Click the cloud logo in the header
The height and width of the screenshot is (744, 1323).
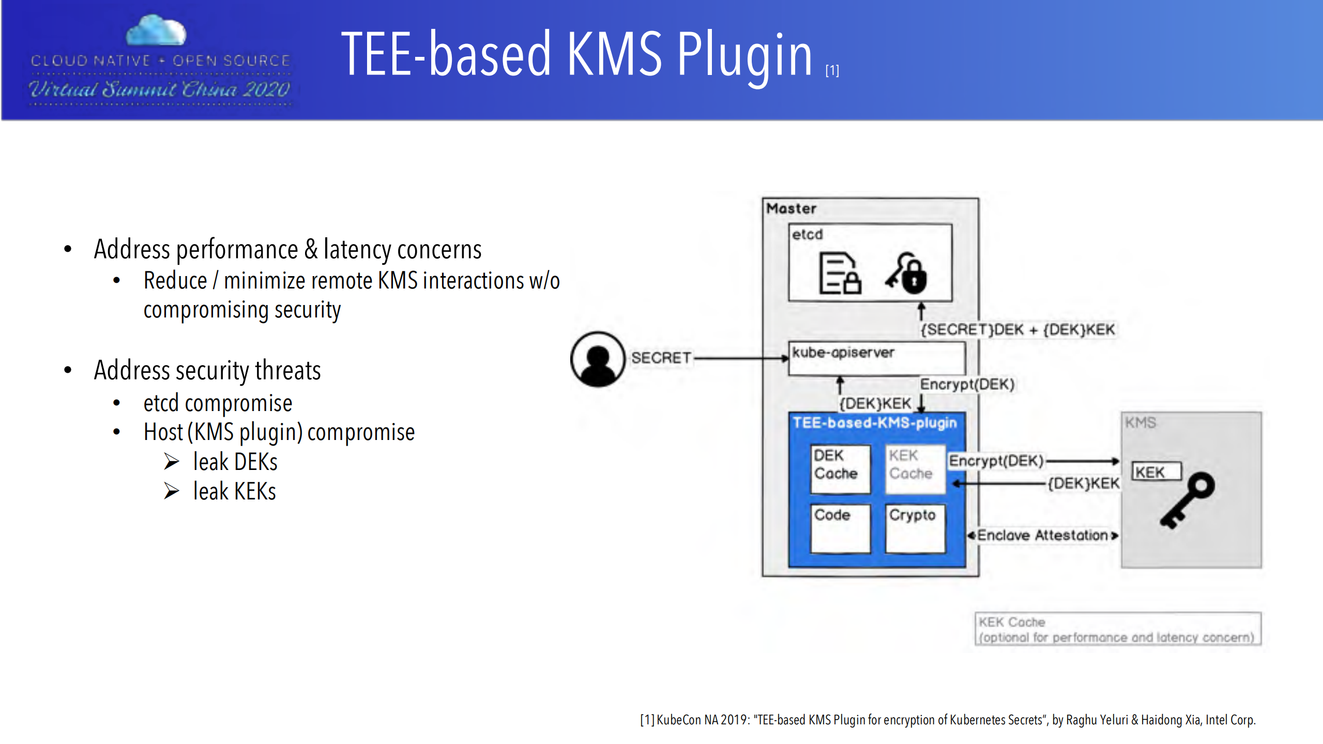(x=156, y=31)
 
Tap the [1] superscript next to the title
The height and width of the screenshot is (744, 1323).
(x=832, y=70)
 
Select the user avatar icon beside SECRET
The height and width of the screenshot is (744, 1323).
(x=598, y=359)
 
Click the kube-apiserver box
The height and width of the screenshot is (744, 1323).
(x=876, y=358)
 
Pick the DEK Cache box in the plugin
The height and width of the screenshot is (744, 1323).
(x=840, y=468)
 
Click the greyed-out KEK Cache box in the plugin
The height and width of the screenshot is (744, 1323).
(x=914, y=468)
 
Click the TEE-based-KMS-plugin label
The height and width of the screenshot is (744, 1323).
(x=875, y=423)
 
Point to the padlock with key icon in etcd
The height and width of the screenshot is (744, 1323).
(x=907, y=273)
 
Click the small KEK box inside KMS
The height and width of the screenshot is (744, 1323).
(x=1156, y=472)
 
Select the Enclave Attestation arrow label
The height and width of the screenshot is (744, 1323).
(x=1042, y=536)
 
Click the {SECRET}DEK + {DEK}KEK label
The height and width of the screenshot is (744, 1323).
(x=1017, y=330)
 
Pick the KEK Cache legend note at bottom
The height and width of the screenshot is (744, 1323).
(x=1117, y=629)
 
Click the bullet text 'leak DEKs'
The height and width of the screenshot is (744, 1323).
(x=235, y=462)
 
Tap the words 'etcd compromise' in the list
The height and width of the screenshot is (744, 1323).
(x=218, y=403)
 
